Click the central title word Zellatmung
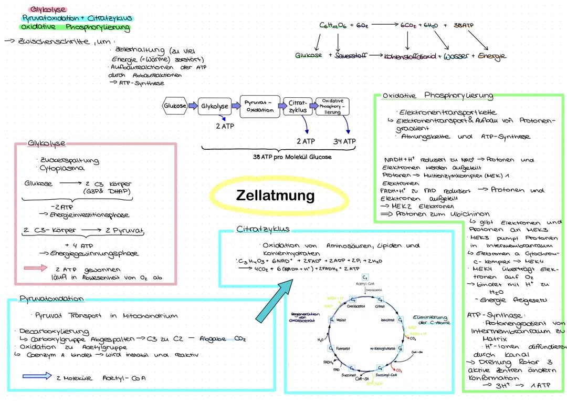point(275,196)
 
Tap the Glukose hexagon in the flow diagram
point(175,106)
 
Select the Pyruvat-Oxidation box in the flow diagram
point(260,106)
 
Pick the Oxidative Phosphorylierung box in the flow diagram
point(332,106)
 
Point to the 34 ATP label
point(344,141)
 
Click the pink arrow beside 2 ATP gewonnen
point(36,268)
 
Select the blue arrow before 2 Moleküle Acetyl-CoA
point(37,376)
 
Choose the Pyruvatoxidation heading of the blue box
point(51,299)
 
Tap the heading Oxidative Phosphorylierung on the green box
point(438,96)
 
